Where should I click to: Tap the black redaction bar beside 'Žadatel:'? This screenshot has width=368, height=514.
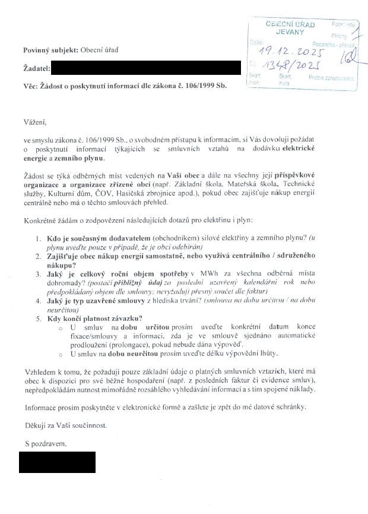145,68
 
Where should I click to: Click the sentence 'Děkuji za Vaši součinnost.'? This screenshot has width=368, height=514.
67,425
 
